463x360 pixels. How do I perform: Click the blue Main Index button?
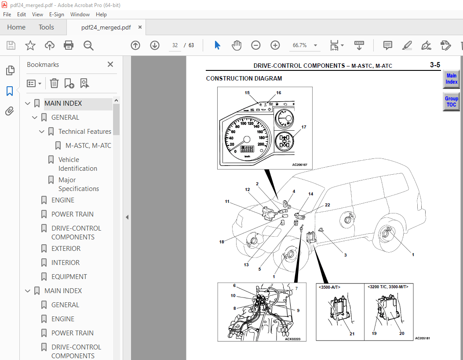point(451,79)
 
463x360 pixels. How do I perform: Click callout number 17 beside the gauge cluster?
point(303,127)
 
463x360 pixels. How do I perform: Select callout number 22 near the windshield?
point(327,205)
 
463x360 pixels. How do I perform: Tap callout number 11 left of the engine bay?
point(227,202)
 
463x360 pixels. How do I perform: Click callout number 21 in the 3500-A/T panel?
point(352,334)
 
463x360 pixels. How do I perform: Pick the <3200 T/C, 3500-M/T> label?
point(388,287)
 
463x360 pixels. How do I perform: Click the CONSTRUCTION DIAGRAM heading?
point(244,79)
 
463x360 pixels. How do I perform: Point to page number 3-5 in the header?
point(434,66)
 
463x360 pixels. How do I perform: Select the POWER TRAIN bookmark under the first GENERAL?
point(72,214)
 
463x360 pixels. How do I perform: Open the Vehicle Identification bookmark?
point(77,164)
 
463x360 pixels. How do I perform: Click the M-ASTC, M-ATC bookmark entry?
point(88,146)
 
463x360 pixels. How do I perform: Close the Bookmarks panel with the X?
point(110,65)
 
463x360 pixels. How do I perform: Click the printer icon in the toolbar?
point(69,45)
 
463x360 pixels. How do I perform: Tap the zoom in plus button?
point(275,45)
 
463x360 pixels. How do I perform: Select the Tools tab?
point(46,27)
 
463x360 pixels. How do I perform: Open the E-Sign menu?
point(56,15)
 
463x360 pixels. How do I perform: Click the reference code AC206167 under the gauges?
point(299,165)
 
